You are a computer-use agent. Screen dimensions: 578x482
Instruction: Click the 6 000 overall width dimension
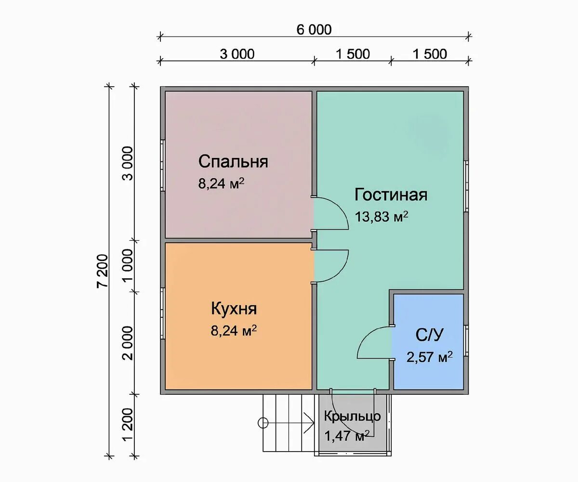(x=314, y=30)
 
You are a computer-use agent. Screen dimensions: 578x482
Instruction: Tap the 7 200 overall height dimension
(x=103, y=271)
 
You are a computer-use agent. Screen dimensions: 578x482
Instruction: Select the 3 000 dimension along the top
(x=237, y=54)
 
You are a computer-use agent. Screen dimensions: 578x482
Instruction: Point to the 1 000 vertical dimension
(x=128, y=265)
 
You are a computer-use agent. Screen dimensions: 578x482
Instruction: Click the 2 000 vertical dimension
(x=128, y=343)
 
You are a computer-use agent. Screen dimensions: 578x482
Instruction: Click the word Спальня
(x=233, y=162)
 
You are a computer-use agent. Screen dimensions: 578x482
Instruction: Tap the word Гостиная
(x=391, y=195)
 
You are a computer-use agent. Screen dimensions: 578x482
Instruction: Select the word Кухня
(x=234, y=309)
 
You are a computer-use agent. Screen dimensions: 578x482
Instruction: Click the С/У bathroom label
(x=429, y=335)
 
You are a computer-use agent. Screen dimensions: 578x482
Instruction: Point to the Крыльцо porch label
(x=353, y=416)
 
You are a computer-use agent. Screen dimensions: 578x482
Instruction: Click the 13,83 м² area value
(x=381, y=217)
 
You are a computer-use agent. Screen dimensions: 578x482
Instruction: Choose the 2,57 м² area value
(x=429, y=357)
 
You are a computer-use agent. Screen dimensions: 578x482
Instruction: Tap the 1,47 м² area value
(x=347, y=436)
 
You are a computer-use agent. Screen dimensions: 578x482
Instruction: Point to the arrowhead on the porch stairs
(x=310, y=423)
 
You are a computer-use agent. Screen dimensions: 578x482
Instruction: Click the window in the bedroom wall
(x=163, y=165)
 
